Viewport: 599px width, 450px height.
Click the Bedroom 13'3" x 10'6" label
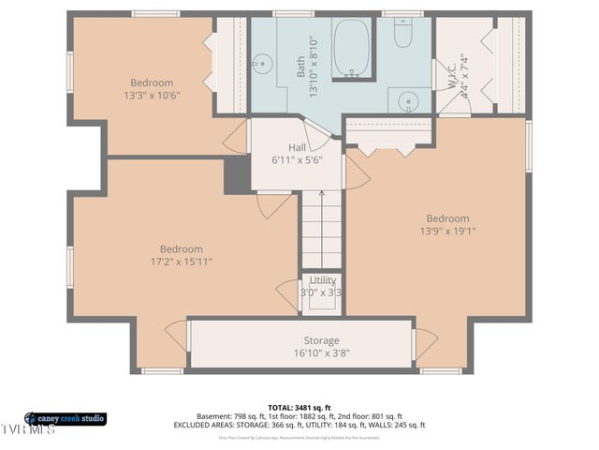click(151, 89)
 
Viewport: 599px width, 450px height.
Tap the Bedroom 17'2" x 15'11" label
click(181, 255)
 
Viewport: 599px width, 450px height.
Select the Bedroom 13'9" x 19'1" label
click(447, 224)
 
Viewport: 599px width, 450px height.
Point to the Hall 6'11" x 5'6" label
click(297, 154)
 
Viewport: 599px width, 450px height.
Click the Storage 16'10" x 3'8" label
click(321, 346)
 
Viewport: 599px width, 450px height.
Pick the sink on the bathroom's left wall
click(261, 64)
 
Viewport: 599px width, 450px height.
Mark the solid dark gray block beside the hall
click(238, 174)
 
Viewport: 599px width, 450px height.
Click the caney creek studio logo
click(66, 418)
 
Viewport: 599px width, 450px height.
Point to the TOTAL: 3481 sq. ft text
click(299, 407)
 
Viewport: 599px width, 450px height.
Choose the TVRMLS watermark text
click(28, 431)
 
